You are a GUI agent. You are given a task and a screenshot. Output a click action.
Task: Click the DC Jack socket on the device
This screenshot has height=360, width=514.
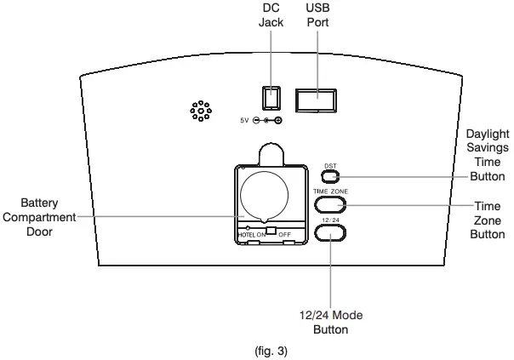tap(271, 98)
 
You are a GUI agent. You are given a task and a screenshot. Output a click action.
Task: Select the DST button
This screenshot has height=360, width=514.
tap(331, 178)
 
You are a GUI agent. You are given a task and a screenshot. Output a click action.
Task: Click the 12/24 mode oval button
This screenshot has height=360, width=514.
tap(329, 233)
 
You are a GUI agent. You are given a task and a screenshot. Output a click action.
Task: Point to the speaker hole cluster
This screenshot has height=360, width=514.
tap(200, 111)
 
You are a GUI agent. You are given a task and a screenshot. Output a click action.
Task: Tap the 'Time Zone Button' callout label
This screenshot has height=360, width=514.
tap(486, 220)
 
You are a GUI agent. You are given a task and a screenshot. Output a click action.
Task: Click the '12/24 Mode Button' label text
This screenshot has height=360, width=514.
tap(330, 321)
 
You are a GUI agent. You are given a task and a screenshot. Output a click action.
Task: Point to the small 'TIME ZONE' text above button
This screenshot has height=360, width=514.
tap(330, 192)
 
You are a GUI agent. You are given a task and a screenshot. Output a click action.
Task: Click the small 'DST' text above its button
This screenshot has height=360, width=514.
tap(330, 166)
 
